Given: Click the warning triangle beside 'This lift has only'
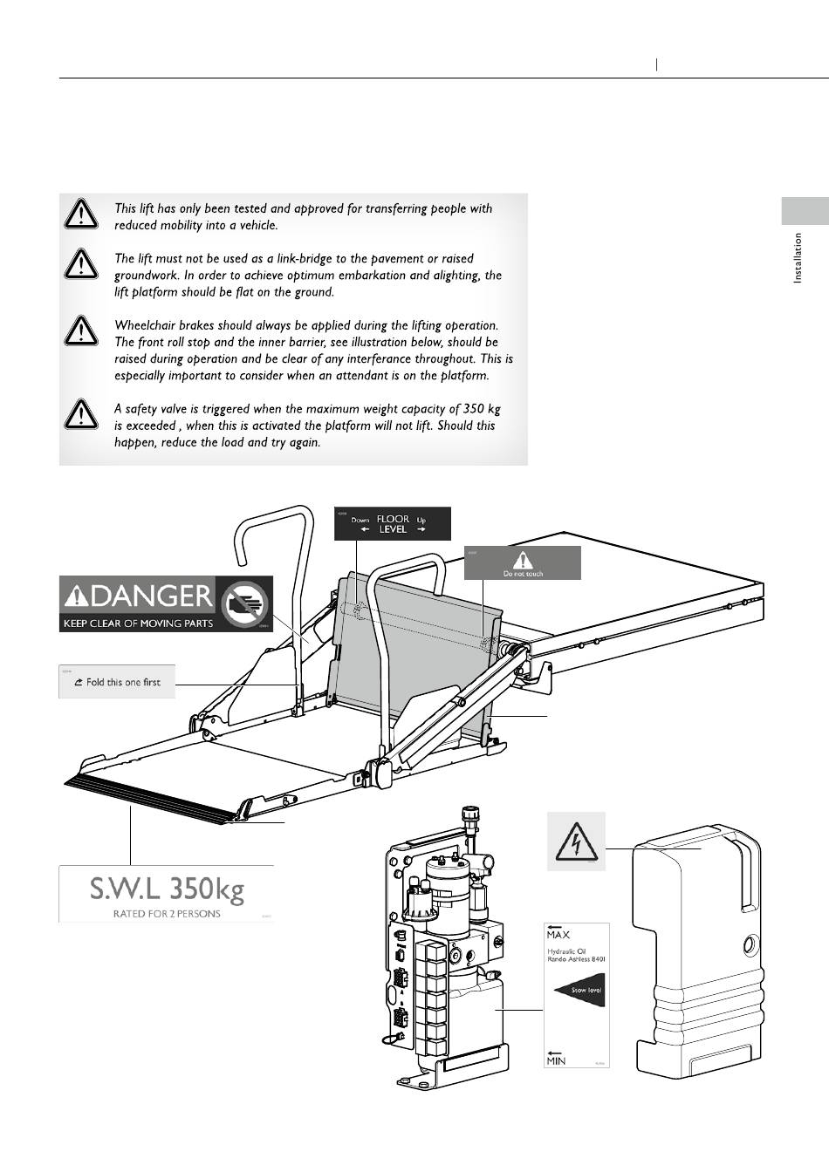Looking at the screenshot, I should point(80,213).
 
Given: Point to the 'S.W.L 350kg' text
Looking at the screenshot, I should point(167,889).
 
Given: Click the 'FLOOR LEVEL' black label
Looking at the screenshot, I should point(393,523).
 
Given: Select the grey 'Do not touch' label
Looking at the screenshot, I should point(522,562).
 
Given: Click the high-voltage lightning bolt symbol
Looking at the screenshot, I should point(576,842).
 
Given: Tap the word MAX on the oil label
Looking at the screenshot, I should point(558,935).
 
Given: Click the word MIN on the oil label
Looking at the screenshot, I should point(556,1060).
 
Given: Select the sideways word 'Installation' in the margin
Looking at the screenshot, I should point(798,257).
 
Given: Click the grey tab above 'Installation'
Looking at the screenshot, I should point(804,211).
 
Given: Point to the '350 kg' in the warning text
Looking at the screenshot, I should point(482,409).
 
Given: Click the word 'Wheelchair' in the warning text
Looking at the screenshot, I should point(144,325).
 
